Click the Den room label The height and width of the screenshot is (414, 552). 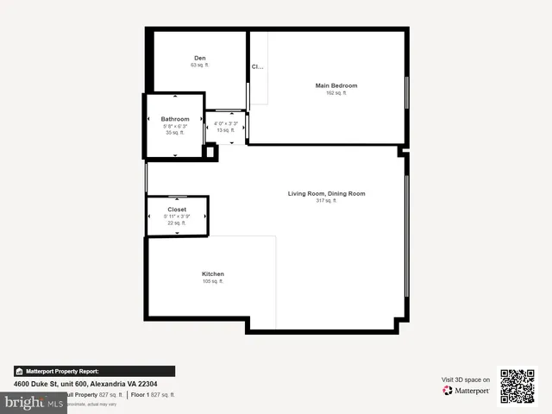pos(200,58)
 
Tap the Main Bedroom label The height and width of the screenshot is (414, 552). pos(336,85)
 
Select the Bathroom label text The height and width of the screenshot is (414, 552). pos(175,118)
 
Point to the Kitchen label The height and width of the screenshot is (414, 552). pos(213,273)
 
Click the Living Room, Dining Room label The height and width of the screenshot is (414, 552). pos(326,193)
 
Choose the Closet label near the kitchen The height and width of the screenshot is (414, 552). pos(177,210)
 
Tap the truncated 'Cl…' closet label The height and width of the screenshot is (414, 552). pos(257,66)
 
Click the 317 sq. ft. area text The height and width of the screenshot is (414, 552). pos(326,201)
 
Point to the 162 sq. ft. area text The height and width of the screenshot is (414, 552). pos(336,93)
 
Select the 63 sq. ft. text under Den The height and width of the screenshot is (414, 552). pos(200,66)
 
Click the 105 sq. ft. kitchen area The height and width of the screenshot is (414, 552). pos(213,281)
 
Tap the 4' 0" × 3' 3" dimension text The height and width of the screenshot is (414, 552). pos(225,123)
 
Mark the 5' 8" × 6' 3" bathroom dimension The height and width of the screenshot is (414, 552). pos(175,126)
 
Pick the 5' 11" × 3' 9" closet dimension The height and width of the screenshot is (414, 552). pos(177,216)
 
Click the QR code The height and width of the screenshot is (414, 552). pos(518,386)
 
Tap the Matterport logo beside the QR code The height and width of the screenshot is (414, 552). pos(467,391)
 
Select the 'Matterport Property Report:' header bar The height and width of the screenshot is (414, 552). pos(94,371)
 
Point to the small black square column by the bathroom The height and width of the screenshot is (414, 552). pos(209,152)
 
